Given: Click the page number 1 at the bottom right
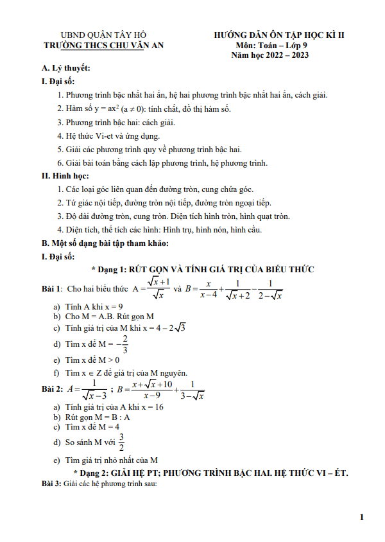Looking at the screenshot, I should coord(362,517).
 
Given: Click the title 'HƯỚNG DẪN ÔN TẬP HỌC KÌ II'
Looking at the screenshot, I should coord(279,35).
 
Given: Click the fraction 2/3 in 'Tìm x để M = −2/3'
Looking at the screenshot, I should coord(124,344).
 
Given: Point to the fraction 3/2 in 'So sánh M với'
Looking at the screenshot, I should coord(121,442).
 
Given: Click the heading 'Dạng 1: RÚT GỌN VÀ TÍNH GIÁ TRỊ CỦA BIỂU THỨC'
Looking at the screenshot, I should coord(202,269).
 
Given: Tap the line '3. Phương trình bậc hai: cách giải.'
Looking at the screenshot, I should coord(116,122).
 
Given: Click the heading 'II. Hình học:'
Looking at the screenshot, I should coord(65,176).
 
